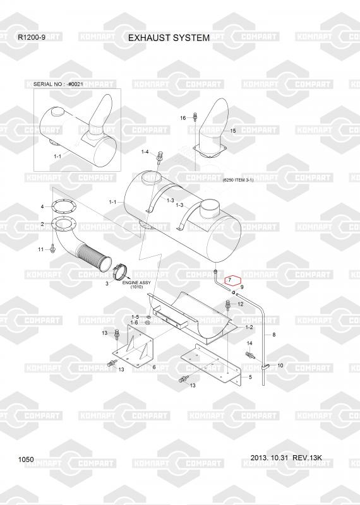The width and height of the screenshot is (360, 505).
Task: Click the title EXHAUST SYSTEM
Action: pyautogui.click(x=169, y=38)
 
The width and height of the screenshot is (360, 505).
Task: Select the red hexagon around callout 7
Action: pyautogui.click(x=233, y=280)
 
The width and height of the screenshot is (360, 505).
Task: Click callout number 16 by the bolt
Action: pyautogui.click(x=183, y=118)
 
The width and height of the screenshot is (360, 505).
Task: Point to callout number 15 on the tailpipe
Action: pyautogui.click(x=233, y=131)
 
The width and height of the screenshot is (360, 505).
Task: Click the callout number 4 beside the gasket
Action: pyautogui.click(x=42, y=206)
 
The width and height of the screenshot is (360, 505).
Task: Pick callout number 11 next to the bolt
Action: pyautogui.click(x=40, y=249)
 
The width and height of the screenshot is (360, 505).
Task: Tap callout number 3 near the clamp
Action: pyautogui.click(x=107, y=283)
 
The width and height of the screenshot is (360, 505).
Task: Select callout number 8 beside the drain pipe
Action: pyautogui.click(x=274, y=335)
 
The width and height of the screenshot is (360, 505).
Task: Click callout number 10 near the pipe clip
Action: pyautogui.click(x=280, y=365)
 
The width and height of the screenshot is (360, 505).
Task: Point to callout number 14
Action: pyautogui.click(x=249, y=343)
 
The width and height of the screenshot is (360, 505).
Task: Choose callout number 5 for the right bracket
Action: pyautogui.click(x=250, y=377)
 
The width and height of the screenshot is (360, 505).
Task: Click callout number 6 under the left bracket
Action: pyautogui.click(x=154, y=367)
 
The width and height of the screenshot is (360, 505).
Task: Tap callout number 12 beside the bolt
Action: pyautogui.click(x=241, y=304)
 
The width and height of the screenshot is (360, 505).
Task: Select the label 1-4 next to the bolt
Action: pyautogui.click(x=145, y=151)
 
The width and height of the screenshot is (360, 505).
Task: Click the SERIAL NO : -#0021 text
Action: pyautogui.click(x=58, y=84)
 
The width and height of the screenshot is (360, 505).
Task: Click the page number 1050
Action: pyautogui.click(x=26, y=460)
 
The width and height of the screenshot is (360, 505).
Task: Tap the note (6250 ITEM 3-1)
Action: pyautogui.click(x=238, y=180)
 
